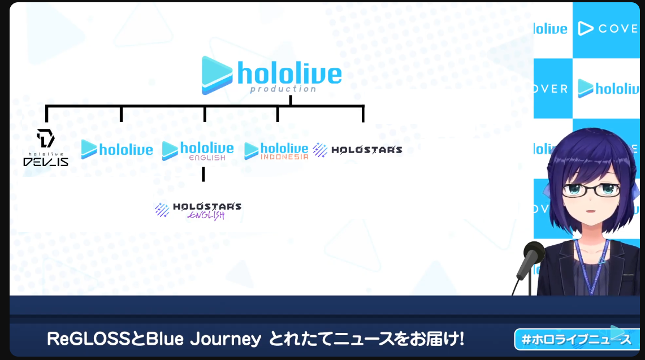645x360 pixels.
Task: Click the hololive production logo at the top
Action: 271,75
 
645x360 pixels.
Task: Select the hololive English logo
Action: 198,150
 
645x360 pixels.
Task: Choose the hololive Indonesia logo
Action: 276,151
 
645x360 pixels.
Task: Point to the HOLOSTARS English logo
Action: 198,211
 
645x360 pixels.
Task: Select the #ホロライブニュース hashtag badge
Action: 576,340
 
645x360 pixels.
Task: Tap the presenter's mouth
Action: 590,211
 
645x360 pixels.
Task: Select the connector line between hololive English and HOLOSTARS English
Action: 203,175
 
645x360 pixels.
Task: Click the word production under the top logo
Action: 283,89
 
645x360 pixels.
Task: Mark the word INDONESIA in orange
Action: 284,157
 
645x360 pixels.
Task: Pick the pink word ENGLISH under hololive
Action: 207,158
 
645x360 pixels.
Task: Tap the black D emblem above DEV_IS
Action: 45,138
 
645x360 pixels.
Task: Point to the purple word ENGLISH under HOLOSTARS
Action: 206,215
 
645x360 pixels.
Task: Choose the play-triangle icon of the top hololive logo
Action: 217,75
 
